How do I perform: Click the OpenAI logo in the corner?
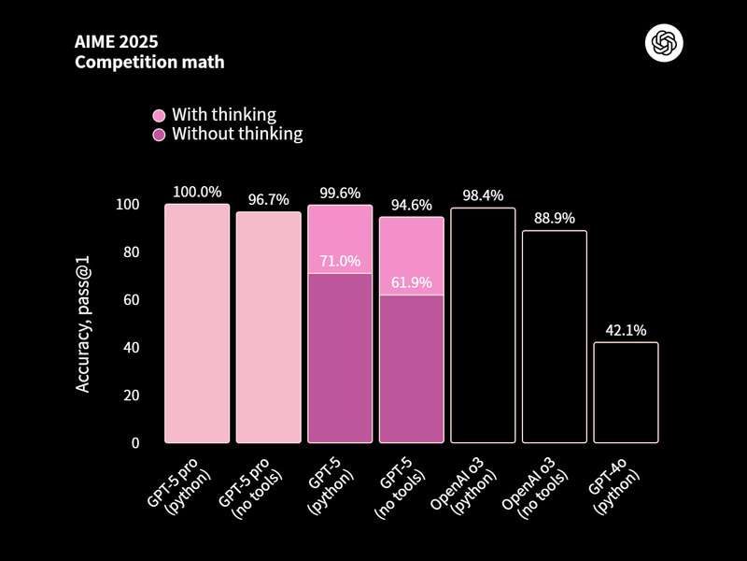point(665,43)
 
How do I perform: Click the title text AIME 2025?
point(116,43)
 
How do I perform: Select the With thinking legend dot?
point(159,115)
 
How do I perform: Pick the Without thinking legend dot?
point(159,135)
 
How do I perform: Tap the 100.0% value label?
point(197,192)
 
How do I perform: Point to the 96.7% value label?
point(268,199)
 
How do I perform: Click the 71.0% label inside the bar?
point(340,261)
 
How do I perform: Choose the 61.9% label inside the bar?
point(411,282)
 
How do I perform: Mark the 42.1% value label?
point(626,329)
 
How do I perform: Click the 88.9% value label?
point(555,218)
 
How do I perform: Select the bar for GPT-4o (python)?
point(626,393)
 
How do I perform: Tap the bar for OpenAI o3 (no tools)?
point(555,337)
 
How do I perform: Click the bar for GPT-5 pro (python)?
point(197,324)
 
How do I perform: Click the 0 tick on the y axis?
point(134,442)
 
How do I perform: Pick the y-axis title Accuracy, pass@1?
point(83,324)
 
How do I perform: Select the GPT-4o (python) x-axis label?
point(615,483)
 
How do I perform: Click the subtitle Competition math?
point(149,63)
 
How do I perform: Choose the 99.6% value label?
point(340,193)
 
